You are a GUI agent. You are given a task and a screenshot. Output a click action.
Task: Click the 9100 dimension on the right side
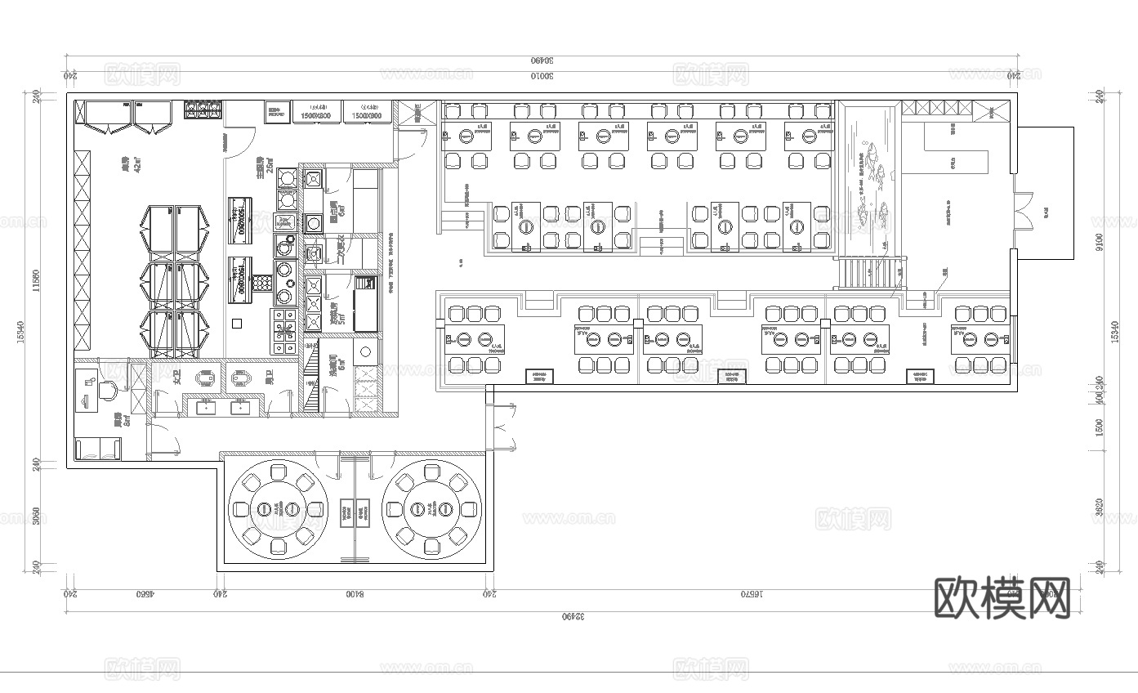[1100, 242]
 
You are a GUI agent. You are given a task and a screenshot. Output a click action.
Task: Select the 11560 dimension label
[35, 280]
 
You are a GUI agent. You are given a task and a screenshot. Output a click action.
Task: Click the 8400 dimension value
[354, 596]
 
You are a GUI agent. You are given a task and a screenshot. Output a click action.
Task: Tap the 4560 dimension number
[144, 596]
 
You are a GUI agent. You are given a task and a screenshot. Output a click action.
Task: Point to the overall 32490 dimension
[573, 615]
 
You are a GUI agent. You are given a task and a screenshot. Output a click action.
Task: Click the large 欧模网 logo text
[1002, 598]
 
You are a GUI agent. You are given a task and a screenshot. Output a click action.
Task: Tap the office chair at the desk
[108, 391]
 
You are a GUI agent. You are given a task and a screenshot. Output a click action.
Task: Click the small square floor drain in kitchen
[237, 324]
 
